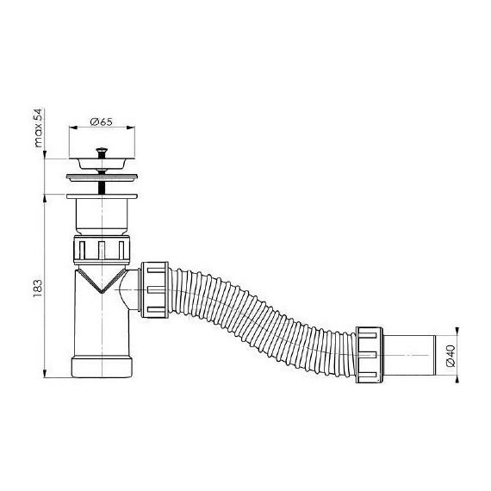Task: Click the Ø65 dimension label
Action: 101,121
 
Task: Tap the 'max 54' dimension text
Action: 38,128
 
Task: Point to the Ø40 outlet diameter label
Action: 451,356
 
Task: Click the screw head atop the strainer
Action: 102,151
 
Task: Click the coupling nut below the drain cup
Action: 102,249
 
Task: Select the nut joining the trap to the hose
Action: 154,290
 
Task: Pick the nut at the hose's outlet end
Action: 370,355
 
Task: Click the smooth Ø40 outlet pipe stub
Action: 409,356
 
